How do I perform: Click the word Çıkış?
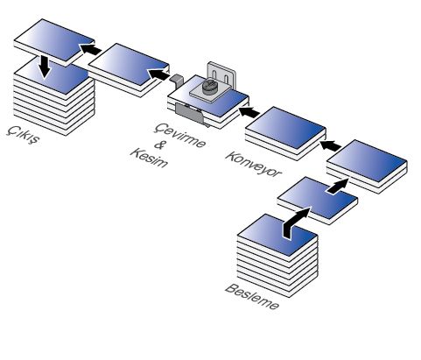(x=23, y=135)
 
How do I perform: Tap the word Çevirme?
(x=180, y=136)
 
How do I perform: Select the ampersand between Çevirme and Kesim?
(x=159, y=145)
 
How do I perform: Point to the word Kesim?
(x=150, y=158)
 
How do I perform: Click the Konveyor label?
(x=253, y=164)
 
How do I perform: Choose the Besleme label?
(x=252, y=297)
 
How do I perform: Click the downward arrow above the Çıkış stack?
(x=45, y=67)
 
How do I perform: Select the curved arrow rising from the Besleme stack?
(x=295, y=222)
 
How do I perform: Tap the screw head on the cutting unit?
(x=209, y=87)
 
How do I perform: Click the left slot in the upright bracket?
(x=214, y=74)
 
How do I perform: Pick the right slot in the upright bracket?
(x=227, y=79)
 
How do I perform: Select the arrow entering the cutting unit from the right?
(x=249, y=112)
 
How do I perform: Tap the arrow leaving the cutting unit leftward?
(x=158, y=74)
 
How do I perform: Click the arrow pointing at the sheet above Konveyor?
(x=330, y=145)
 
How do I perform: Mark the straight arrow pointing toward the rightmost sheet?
(x=337, y=186)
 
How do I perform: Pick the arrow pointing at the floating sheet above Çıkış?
(x=90, y=49)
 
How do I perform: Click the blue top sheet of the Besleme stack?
(x=277, y=235)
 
